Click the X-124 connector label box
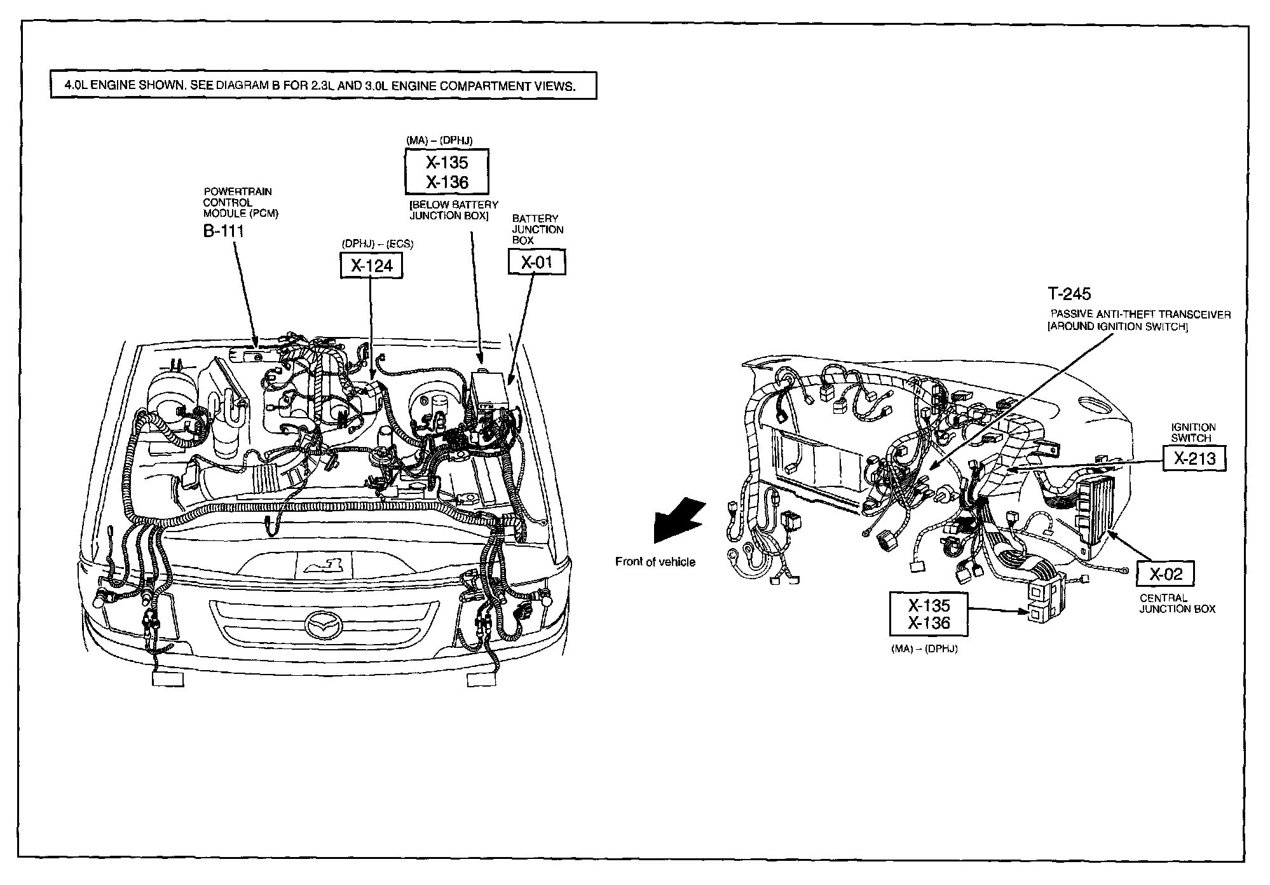pyautogui.click(x=372, y=265)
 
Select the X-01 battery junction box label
pyautogui.click(x=536, y=262)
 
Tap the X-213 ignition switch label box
pyautogui.click(x=1194, y=458)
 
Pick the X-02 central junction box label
pyautogui.click(x=1165, y=574)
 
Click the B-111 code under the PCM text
pyautogui.click(x=223, y=231)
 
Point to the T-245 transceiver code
pyautogui.click(x=1069, y=294)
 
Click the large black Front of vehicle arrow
pyautogui.click(x=678, y=519)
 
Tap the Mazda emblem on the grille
pyautogui.click(x=325, y=624)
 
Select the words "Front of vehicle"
pyautogui.click(x=655, y=562)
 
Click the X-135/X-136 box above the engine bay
pyautogui.click(x=447, y=172)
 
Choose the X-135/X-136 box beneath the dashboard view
pyautogui.click(x=929, y=614)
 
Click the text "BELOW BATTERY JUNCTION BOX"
pyautogui.click(x=454, y=210)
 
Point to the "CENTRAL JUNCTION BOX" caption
pyautogui.click(x=1177, y=603)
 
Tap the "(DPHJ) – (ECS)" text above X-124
pyautogui.click(x=372, y=244)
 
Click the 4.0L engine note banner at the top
pyautogui.click(x=324, y=86)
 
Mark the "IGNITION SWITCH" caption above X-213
pyautogui.click(x=1193, y=432)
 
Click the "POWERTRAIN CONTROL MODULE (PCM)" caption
pyautogui.click(x=240, y=203)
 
